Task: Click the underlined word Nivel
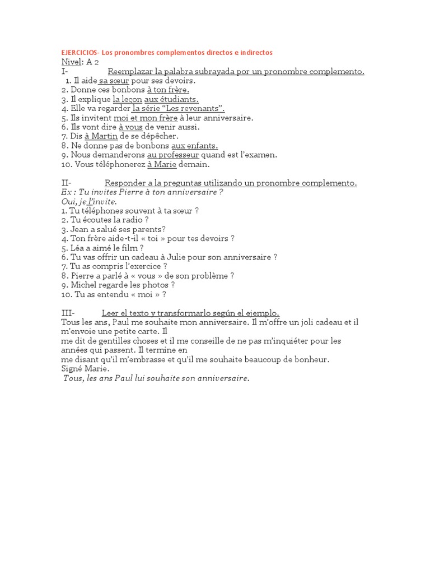click(x=72, y=62)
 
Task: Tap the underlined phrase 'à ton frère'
click(x=168, y=90)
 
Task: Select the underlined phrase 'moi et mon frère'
click(x=146, y=118)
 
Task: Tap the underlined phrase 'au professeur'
click(x=173, y=155)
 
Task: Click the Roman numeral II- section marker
click(x=67, y=183)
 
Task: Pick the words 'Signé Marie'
click(x=86, y=369)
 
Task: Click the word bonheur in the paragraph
click(x=311, y=359)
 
